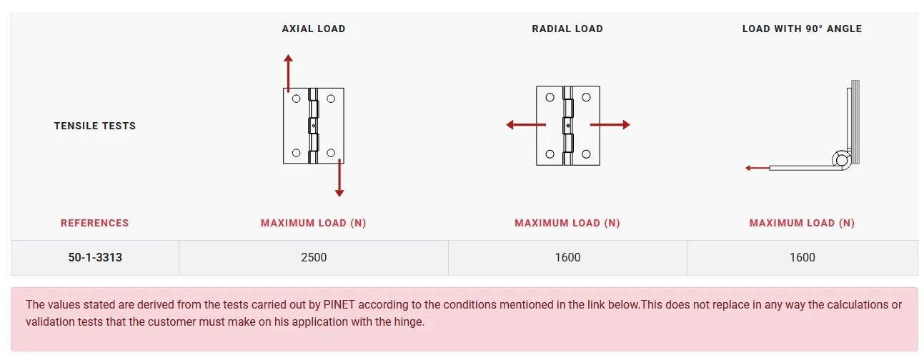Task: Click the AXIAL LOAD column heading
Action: click(x=314, y=29)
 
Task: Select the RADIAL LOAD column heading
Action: click(x=567, y=29)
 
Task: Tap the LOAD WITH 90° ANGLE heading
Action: click(x=802, y=29)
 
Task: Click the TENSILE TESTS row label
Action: click(x=95, y=126)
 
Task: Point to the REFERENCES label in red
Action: click(x=95, y=223)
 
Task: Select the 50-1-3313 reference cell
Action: click(x=95, y=257)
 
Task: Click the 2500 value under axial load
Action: click(x=314, y=257)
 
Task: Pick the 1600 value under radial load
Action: click(x=567, y=257)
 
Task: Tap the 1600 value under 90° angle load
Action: click(x=802, y=257)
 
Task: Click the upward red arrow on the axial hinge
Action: click(x=288, y=73)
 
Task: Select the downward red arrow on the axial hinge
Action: click(x=339, y=178)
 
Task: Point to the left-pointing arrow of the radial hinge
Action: click(x=526, y=124)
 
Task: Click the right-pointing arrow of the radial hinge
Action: click(x=610, y=124)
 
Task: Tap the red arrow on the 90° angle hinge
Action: click(x=757, y=168)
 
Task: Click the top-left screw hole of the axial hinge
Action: click(x=296, y=99)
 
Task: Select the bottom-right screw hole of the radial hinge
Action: click(x=586, y=154)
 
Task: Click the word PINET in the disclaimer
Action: click(x=339, y=305)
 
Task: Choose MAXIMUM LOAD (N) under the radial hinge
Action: click(x=567, y=223)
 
